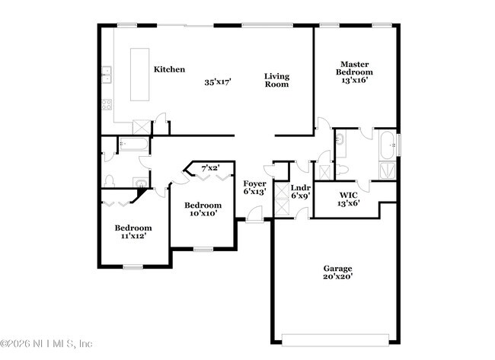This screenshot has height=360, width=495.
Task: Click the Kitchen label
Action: [x=169, y=69]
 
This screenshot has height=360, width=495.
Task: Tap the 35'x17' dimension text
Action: [x=217, y=81]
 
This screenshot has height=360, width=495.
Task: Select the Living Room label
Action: [x=276, y=80]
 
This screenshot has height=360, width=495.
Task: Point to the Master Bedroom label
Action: [x=354, y=72]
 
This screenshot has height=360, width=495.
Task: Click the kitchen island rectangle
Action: [x=140, y=74]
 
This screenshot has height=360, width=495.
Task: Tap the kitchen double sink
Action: [x=107, y=74]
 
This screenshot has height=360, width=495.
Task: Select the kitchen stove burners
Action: [x=107, y=104]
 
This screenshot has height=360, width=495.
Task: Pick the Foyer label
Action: [x=254, y=187]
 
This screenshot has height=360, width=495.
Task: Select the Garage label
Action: [x=337, y=268]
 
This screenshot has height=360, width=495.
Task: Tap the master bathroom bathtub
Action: [x=388, y=143]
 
